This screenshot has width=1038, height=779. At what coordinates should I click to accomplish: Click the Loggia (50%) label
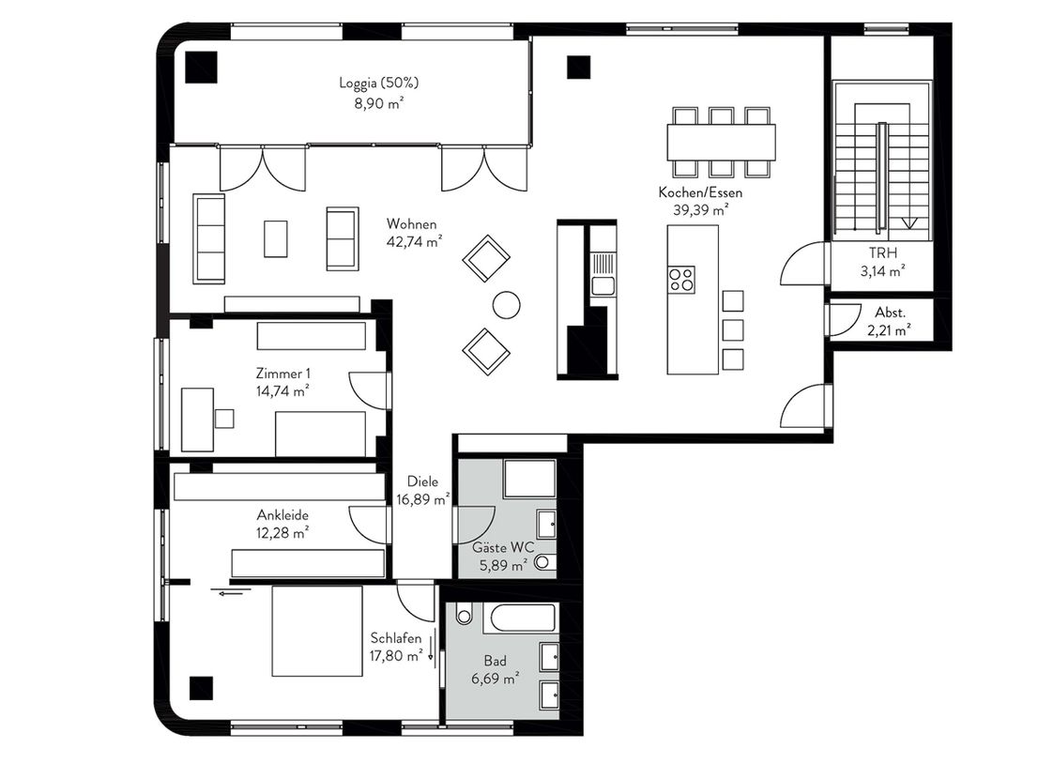coord(378,83)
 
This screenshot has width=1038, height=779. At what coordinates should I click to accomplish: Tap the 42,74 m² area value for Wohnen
coord(415,241)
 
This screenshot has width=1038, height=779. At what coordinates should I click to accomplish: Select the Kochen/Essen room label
coord(700,192)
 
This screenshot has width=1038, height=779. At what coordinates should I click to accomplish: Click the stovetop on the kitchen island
coord(681,280)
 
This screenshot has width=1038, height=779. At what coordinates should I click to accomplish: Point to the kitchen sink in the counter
coord(603,286)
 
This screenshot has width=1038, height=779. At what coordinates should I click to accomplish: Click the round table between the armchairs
coord(507,304)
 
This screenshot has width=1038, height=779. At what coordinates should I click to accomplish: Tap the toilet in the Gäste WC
coord(544,563)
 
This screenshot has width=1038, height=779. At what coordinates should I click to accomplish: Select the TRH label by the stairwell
coord(882,252)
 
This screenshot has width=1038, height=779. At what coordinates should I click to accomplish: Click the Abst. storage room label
coord(890,313)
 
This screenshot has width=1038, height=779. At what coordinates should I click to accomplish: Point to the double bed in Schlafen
coord(317,632)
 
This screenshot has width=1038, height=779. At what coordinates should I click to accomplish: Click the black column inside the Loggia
coord(201,67)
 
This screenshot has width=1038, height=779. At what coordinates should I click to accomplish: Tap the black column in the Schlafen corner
coord(201,688)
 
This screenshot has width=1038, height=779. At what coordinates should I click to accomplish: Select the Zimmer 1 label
coord(282,374)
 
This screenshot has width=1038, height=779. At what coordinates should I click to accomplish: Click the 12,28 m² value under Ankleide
coord(282,533)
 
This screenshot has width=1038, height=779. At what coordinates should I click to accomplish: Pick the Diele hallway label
coord(422,481)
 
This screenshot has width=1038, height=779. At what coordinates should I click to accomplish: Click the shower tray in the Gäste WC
coord(529,479)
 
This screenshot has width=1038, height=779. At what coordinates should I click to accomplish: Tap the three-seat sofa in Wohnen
coord(208,239)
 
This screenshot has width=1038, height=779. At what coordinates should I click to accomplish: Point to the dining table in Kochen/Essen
coord(721,143)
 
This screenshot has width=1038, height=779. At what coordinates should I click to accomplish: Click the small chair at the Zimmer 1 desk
coord(224,419)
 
